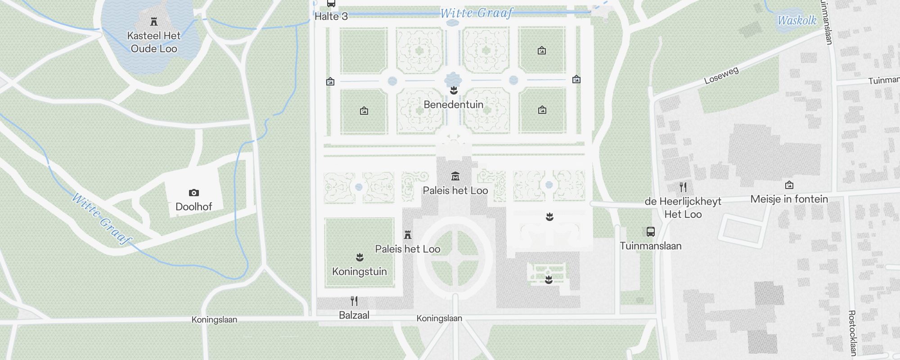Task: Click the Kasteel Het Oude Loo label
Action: click(154, 42)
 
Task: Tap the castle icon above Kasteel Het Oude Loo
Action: click(154, 22)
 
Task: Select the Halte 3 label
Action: click(331, 17)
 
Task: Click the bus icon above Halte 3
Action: click(331, 4)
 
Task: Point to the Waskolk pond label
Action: click(797, 20)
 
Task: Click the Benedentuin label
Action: click(454, 104)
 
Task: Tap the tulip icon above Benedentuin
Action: click(454, 90)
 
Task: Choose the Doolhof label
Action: click(193, 207)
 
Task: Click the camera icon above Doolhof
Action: click(193, 193)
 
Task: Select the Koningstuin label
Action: click(359, 271)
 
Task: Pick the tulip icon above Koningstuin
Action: click(360, 257)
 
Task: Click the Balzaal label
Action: click(354, 315)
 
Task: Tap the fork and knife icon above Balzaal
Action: click(354, 301)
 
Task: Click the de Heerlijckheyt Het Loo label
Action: click(683, 207)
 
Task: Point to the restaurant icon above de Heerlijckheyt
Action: click(683, 187)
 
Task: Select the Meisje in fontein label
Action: click(789, 199)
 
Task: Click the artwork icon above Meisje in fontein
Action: click(789, 185)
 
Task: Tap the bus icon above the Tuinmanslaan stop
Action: click(650, 232)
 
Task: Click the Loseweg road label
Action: click(721, 76)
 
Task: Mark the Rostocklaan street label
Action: click(851, 333)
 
